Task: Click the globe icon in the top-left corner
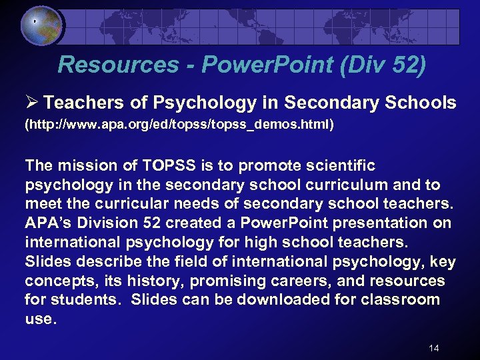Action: point(41,27)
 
